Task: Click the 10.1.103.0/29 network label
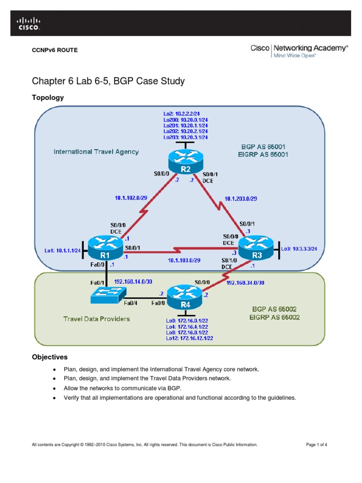tap(184, 260)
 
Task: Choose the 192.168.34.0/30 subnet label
tap(245, 283)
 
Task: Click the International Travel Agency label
tap(96, 152)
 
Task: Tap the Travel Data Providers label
tap(97, 319)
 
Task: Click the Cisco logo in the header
tap(29, 24)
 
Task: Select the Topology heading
tap(47, 98)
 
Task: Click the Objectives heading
tap(49, 357)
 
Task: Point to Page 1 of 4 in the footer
tap(316, 445)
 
